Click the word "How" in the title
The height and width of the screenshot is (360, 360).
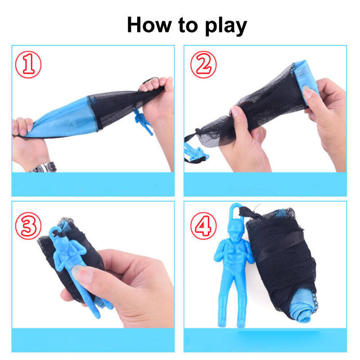(x=149, y=25)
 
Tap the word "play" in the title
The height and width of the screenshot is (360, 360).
(x=226, y=26)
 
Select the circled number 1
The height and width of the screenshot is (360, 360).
(x=28, y=64)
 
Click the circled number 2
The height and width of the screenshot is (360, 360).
(x=203, y=64)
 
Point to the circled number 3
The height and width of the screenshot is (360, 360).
(x=28, y=226)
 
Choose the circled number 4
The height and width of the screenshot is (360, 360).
(x=203, y=226)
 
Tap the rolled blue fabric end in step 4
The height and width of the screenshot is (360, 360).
(x=301, y=307)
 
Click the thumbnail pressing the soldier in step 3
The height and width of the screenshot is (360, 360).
(x=82, y=273)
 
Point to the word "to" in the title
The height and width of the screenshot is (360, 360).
(x=188, y=25)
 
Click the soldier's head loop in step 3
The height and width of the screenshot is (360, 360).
(x=54, y=231)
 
